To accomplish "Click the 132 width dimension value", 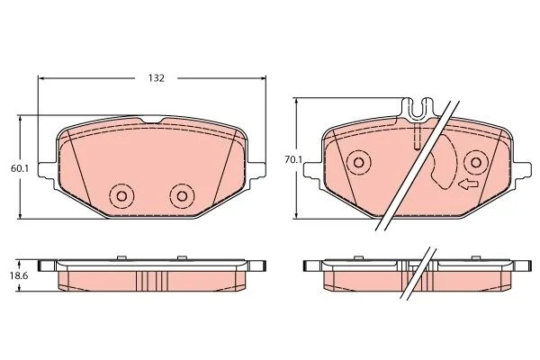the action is pos(157,78).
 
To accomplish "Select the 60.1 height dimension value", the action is pos(20,168).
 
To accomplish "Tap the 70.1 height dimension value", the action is pos(293,159).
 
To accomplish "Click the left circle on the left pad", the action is pos(121,196).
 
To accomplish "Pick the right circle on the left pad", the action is pos(182,196).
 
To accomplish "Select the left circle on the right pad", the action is pos(359,162).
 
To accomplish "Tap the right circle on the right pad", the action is pos(476,162).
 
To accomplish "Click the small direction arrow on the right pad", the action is pos(468,184).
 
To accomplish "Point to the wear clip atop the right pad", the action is pos(418,110).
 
